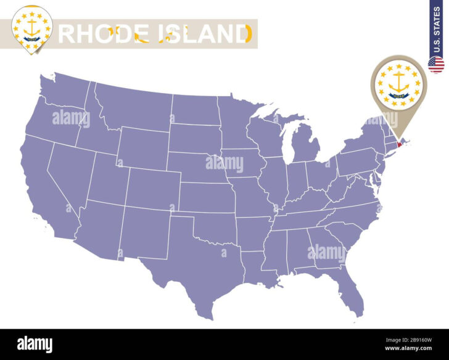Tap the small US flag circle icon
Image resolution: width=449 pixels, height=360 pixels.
click(436, 64)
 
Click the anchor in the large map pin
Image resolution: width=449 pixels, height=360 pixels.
click(398, 81)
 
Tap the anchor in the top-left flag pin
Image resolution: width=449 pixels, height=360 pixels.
click(33, 24)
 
